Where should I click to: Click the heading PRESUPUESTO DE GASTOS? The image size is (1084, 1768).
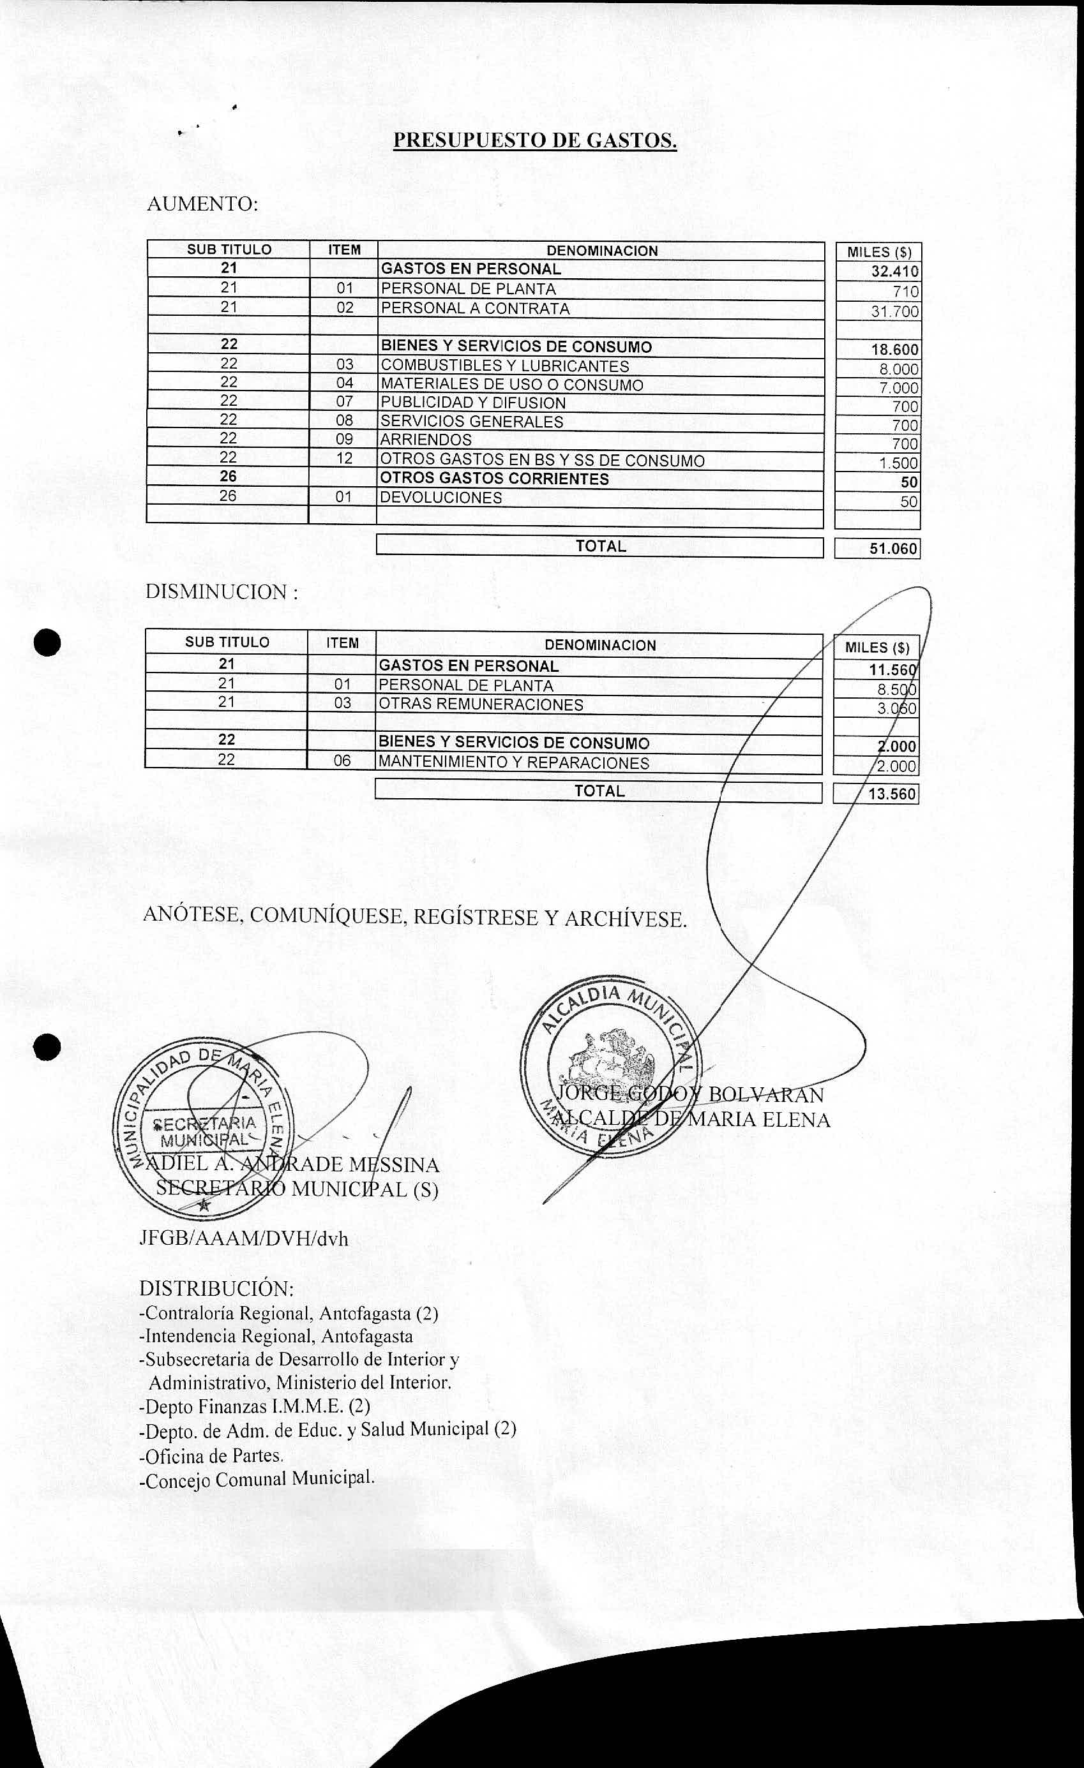(535, 140)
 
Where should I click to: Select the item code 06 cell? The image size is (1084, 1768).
(342, 761)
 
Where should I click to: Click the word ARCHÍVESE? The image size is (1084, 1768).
(625, 919)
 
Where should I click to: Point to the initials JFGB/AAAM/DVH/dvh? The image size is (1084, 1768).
(244, 1239)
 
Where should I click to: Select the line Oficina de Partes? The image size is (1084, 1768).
(212, 1455)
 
